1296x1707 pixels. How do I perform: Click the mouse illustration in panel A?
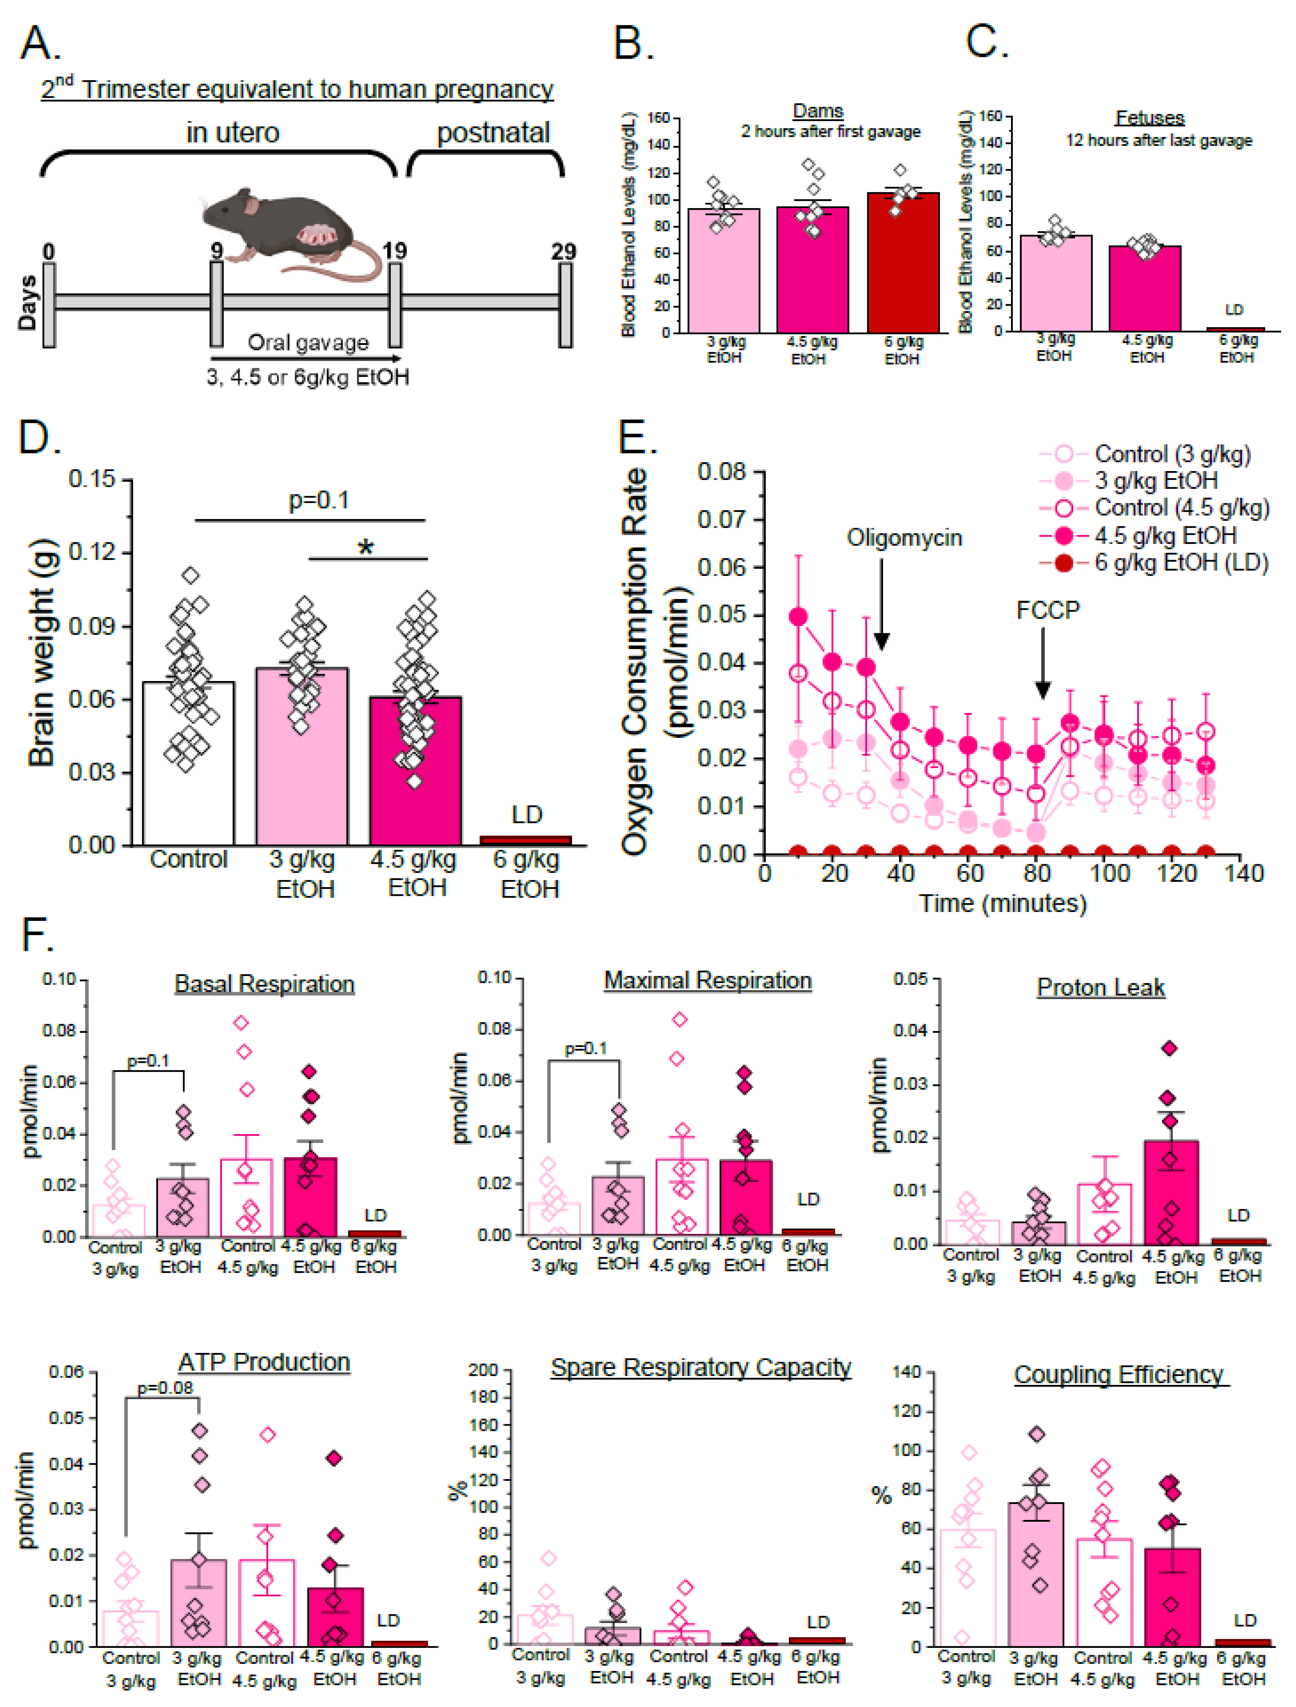click(x=286, y=232)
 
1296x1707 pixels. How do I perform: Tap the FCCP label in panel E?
click(x=1048, y=610)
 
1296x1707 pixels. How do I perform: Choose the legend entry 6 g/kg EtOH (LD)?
click(x=1181, y=562)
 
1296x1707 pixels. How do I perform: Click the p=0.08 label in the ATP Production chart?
click(x=164, y=1388)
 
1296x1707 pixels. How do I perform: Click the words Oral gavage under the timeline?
click(x=308, y=342)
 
